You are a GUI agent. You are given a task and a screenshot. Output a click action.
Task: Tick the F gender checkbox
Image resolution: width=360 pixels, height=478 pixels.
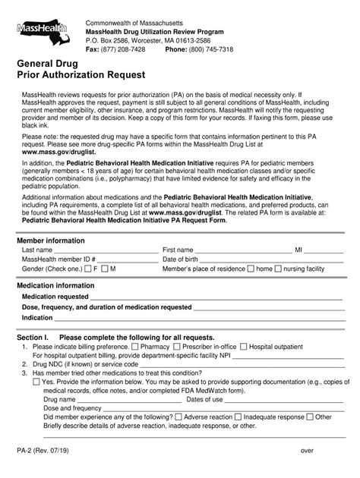[88, 269]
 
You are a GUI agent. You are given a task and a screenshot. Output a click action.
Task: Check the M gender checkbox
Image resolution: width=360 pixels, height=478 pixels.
[105, 269]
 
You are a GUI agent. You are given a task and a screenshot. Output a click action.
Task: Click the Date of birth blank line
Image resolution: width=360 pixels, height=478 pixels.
[266, 260]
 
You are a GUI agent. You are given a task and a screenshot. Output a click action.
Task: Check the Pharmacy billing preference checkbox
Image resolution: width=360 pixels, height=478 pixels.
[134, 346]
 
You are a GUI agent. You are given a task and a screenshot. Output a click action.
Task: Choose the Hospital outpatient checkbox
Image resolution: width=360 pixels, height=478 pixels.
[244, 346]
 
